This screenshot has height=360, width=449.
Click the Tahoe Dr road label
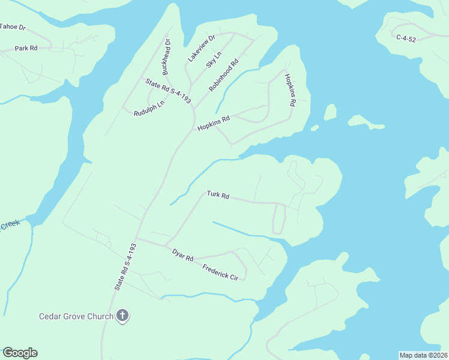coord(13,27)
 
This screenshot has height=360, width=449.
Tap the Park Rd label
coord(26,48)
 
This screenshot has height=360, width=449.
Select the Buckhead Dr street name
coord(167,57)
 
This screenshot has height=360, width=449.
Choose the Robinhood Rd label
coord(224,75)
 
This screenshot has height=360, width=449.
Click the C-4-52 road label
coord(406,37)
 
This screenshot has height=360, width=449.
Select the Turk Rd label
coord(218,195)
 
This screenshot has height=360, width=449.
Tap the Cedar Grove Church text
coord(76,316)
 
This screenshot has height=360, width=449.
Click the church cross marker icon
coord(122,316)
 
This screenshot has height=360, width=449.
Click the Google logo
coord(20,353)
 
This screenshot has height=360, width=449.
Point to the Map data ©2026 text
coord(423,355)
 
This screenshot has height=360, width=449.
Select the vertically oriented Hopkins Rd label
coord(291,90)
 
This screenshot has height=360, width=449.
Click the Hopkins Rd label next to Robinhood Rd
coord(213,123)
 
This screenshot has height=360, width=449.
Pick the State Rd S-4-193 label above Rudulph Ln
coord(168,91)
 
